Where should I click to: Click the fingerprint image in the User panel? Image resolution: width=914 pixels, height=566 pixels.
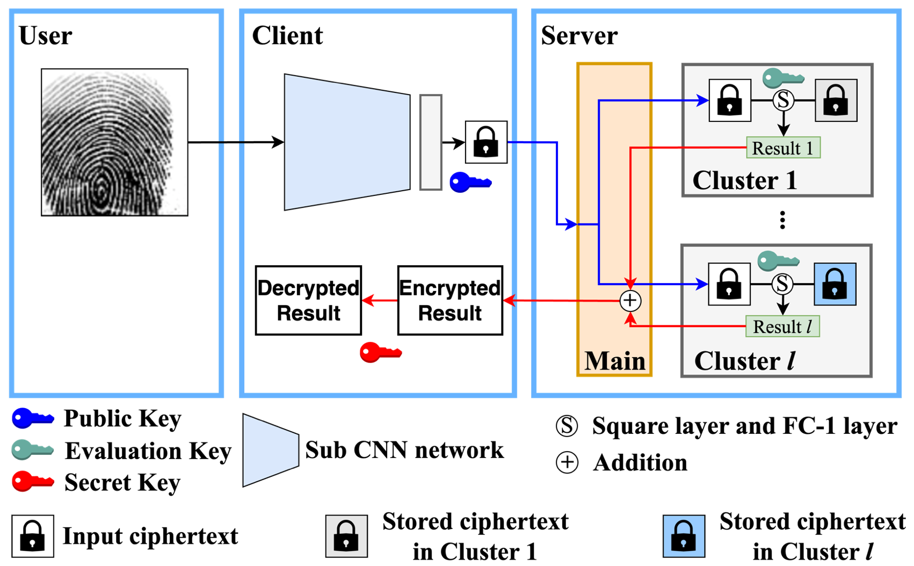point(114,142)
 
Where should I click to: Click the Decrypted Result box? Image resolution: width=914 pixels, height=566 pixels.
point(308,301)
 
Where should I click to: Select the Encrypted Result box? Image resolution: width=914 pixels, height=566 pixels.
point(450,301)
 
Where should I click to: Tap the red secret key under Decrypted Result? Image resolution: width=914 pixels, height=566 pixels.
point(380,353)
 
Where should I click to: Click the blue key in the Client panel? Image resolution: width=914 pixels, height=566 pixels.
point(470,183)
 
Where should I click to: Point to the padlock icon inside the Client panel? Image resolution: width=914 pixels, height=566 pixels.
point(486,142)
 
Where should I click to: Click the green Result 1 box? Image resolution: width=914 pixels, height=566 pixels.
point(783,148)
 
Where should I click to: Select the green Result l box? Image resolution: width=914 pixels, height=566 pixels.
point(782,326)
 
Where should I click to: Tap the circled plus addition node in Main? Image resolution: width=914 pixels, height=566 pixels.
point(630,301)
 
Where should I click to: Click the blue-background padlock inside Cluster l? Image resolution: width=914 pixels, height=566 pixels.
point(835,285)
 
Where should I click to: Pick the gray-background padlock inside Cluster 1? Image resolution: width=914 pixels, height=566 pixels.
point(836,100)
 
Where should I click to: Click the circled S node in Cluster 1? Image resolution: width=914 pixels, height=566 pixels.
point(783,100)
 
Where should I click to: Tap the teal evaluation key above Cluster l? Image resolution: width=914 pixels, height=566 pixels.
point(778,262)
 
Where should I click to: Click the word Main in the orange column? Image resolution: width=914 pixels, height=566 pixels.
point(614,361)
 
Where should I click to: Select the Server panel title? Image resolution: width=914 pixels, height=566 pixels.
point(579,36)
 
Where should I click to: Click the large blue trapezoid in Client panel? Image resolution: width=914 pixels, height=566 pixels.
point(346,142)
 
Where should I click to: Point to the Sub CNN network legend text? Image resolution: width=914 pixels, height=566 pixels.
point(404,450)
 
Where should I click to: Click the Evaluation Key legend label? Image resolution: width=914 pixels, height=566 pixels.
point(148,451)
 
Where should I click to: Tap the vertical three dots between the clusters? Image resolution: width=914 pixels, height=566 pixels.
point(782,220)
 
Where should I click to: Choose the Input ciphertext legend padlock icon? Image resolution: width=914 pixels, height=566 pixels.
point(33,536)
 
